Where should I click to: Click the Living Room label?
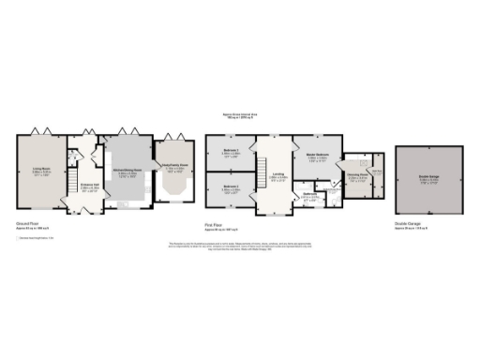click(40, 171)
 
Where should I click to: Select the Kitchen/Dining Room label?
click(128, 172)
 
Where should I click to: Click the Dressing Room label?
click(356, 175)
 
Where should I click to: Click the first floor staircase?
click(277, 150)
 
